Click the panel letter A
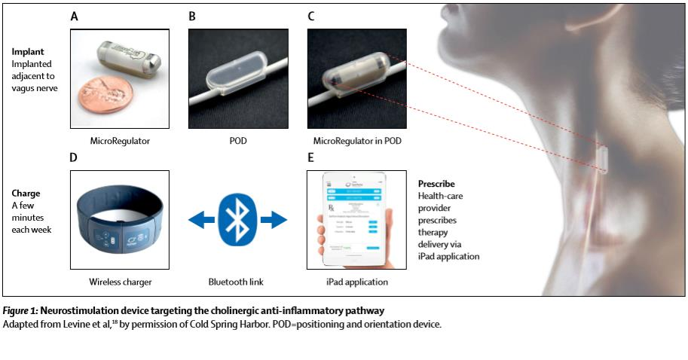click(74, 14)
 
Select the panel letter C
click(311, 14)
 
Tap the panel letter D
click(75, 160)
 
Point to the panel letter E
click(311, 160)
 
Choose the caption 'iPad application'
click(356, 282)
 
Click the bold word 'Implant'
click(29, 51)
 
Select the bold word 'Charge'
click(27, 193)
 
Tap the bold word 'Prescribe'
click(437, 184)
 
